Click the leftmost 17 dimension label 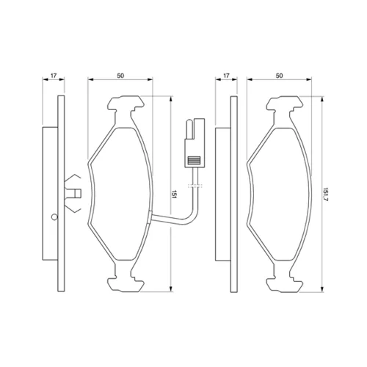(54, 76)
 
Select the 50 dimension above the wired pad (120, 76)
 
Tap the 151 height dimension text (174, 194)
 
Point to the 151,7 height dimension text (326, 195)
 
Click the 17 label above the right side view (226, 76)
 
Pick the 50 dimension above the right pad (279, 76)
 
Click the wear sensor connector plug (195, 143)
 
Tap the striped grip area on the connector (194, 160)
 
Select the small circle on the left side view (54, 217)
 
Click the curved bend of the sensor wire (192, 219)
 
